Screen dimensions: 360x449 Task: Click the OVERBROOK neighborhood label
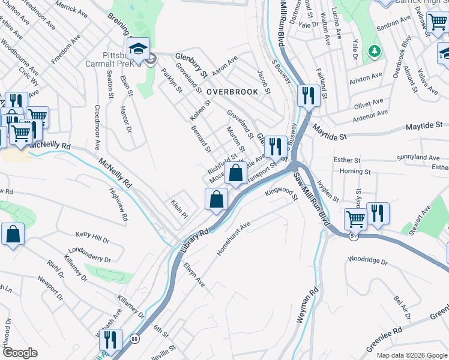232,92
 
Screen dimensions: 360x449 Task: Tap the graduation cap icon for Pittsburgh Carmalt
139,49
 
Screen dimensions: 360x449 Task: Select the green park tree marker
376,51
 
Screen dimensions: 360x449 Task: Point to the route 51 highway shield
355,237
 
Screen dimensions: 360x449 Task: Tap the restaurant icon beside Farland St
309,95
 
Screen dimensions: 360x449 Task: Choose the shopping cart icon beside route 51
355,220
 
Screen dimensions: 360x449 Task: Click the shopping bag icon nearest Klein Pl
216,199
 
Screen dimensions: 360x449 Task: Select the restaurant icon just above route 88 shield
110,340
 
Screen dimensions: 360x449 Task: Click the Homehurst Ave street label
233,239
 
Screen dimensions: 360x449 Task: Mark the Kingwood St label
281,193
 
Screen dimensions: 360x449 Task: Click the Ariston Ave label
366,77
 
